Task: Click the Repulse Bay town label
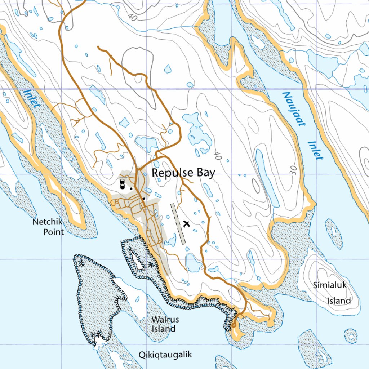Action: click(183, 173)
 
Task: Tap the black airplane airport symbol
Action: click(186, 224)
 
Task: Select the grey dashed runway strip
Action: click(178, 223)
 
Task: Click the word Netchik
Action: click(47, 222)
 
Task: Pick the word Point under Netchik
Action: click(53, 232)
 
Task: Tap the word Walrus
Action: click(165, 319)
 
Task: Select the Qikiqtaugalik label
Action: click(165, 355)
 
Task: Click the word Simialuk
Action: click(329, 285)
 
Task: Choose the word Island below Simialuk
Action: click(339, 301)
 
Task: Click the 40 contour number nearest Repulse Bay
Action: click(217, 155)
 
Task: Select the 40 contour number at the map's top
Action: click(132, 16)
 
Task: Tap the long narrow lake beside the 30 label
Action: click(267, 177)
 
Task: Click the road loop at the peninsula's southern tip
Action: click(234, 324)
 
